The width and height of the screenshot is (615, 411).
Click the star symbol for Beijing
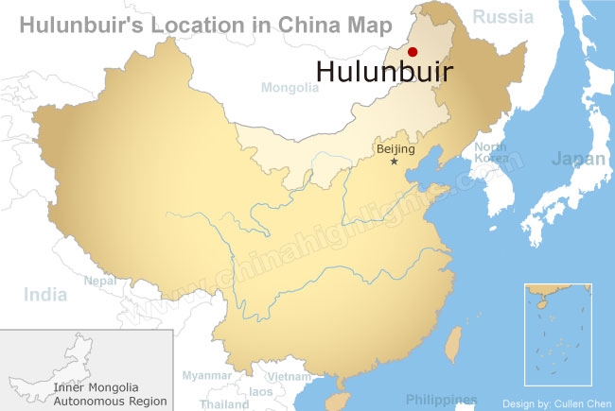pyautogui.click(x=395, y=162)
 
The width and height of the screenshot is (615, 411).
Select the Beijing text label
pyautogui.click(x=395, y=149)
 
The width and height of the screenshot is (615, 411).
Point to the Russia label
pyautogui.click(x=504, y=15)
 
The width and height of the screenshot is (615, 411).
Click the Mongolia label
pyautogui.click(x=290, y=88)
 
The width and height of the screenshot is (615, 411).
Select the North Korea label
pyautogui.click(x=490, y=152)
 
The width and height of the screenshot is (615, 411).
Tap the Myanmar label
pyautogui.click(x=206, y=376)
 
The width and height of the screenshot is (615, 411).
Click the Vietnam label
pyautogui.click(x=289, y=376)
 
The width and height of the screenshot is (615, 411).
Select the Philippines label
pyautogui.click(x=441, y=400)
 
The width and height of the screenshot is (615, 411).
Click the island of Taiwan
pyautogui.click(x=451, y=342)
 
